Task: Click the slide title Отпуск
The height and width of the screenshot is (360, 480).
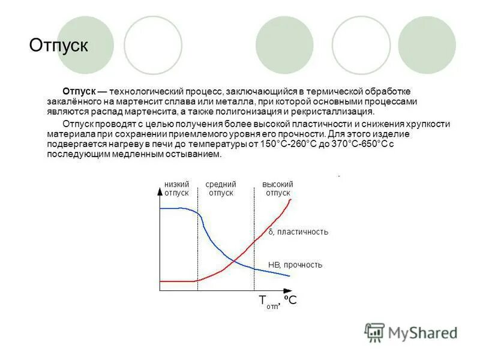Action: pos(59,46)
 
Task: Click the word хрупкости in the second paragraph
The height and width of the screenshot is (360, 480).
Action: pos(428,124)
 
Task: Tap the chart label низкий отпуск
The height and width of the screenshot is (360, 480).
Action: pos(176,188)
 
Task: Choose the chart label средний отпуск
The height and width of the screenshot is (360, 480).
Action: pos(221,188)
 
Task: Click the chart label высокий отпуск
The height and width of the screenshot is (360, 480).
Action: pos(278,188)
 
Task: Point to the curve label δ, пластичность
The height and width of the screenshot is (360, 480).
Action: pos(298,232)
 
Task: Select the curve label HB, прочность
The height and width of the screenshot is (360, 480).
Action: pos(295,265)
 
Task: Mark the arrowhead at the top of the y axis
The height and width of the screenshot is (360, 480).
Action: pos(160,191)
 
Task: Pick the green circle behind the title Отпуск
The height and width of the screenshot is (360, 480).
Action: pos(86,44)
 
